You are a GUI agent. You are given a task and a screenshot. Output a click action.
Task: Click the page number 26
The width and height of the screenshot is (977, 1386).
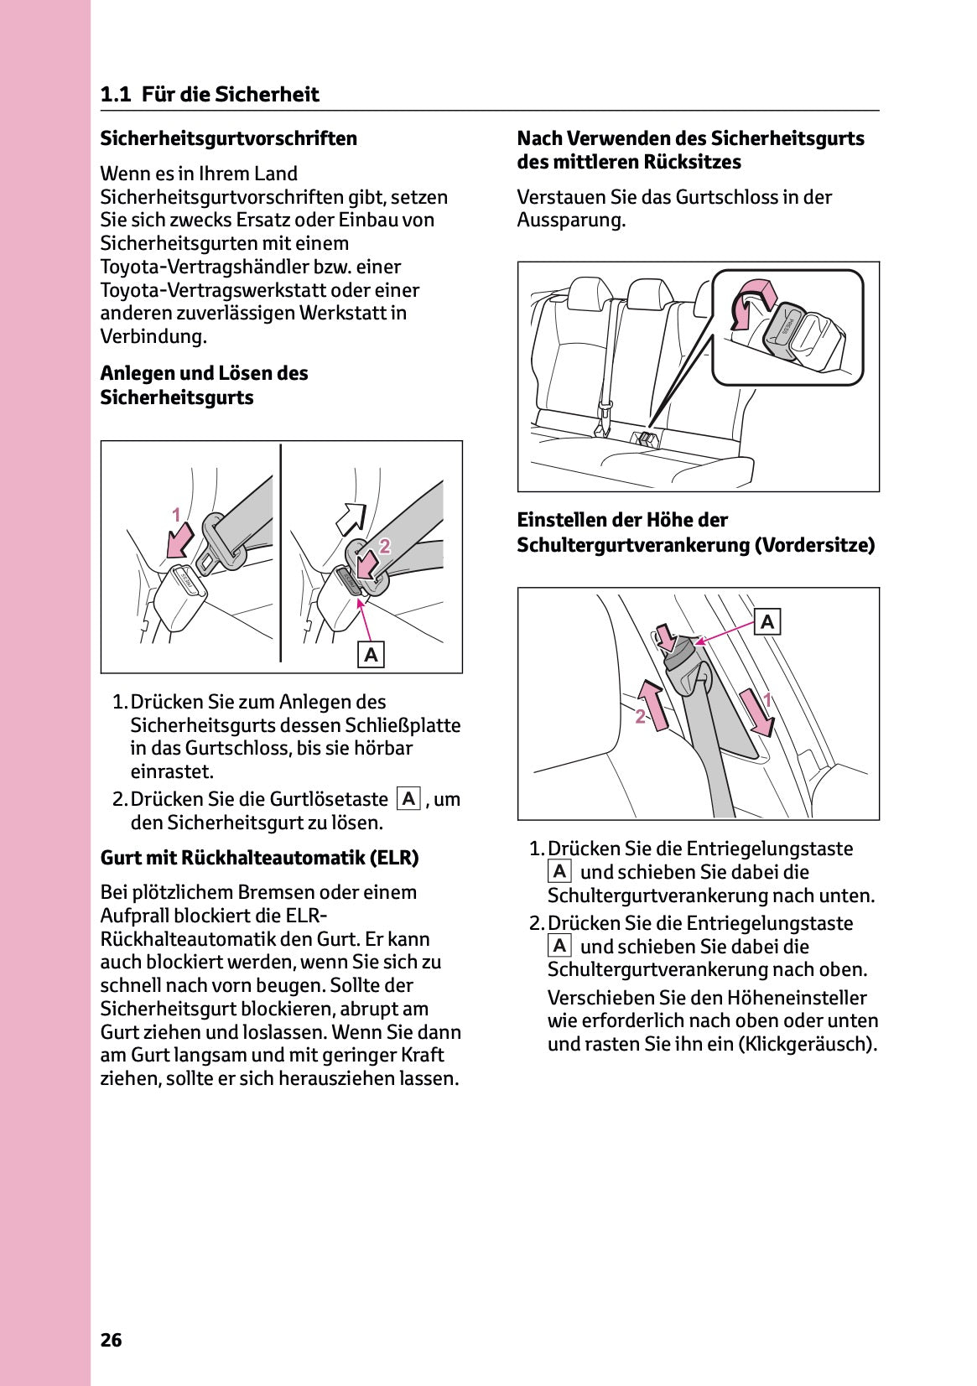pyautogui.click(x=111, y=1340)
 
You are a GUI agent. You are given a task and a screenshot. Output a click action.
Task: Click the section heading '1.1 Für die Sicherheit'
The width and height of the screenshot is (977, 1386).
pyautogui.click(x=210, y=94)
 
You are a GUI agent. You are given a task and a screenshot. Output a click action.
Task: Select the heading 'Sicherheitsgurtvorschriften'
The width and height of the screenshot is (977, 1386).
pyautogui.click(x=228, y=138)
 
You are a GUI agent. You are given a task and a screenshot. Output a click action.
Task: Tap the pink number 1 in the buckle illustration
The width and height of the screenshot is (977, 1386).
pyautogui.click(x=176, y=515)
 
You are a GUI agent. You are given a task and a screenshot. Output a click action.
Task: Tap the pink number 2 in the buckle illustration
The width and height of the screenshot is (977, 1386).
pyautogui.click(x=385, y=546)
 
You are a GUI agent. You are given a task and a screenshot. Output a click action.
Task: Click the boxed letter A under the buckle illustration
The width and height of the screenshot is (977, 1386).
pyautogui.click(x=371, y=654)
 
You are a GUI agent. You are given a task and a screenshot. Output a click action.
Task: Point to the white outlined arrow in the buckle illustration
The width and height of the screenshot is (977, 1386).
pyautogui.click(x=351, y=519)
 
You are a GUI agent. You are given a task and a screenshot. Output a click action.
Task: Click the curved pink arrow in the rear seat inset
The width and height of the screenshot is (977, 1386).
pyautogui.click(x=747, y=303)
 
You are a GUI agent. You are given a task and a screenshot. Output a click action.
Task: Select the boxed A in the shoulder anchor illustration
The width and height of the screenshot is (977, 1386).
pyautogui.click(x=767, y=622)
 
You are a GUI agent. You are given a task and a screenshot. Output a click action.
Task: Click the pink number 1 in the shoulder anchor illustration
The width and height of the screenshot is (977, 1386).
pyautogui.click(x=767, y=698)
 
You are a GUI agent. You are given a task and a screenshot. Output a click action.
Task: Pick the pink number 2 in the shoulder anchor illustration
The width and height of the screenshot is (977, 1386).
pyautogui.click(x=641, y=717)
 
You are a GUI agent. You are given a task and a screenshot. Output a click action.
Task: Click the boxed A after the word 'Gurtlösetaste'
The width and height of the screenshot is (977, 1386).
pyautogui.click(x=408, y=798)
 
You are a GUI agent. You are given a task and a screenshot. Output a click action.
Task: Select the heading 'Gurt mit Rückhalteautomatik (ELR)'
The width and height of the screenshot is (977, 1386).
pyautogui.click(x=259, y=858)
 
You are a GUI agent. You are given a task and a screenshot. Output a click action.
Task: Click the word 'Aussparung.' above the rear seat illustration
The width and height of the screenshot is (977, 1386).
pyautogui.click(x=571, y=221)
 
